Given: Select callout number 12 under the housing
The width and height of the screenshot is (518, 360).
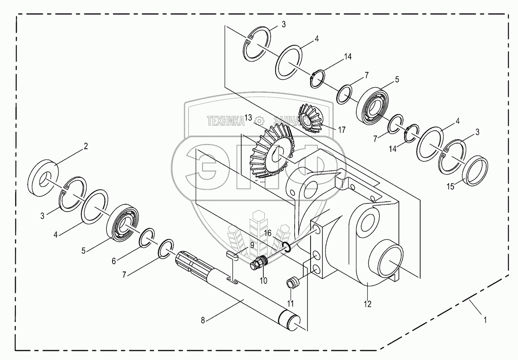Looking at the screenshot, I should click(x=368, y=303).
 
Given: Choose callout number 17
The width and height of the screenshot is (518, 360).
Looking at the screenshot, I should click(x=342, y=130).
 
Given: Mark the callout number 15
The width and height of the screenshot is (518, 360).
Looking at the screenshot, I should click(x=450, y=187).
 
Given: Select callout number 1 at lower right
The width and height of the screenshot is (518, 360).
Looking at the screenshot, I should click(x=485, y=319).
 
